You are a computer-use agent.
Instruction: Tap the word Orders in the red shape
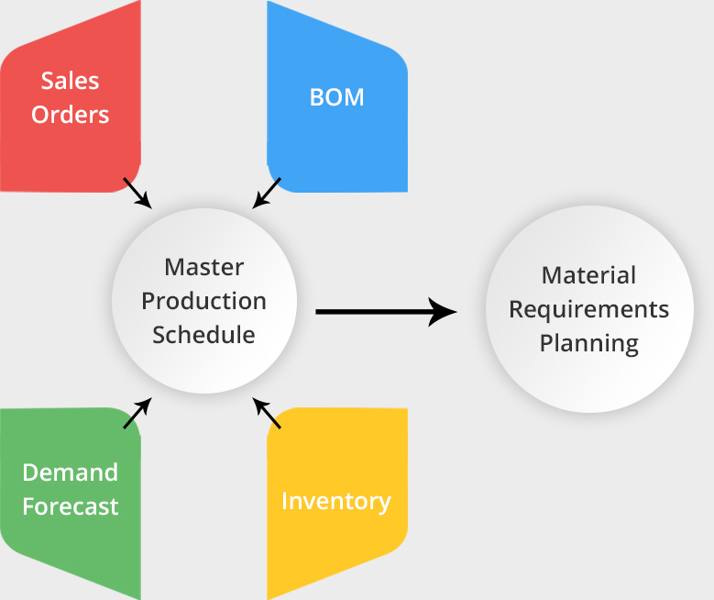point(70,115)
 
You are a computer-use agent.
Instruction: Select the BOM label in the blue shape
point(336,97)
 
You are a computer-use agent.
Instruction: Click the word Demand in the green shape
point(70,472)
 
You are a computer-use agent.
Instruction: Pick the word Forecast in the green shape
point(70,506)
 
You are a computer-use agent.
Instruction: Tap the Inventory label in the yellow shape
point(335,502)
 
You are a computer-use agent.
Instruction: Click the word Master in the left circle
point(203,267)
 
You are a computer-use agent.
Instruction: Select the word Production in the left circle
point(203,301)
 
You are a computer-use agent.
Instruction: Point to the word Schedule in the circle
point(203,335)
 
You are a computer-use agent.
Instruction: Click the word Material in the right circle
point(588,275)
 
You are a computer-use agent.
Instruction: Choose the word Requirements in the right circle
point(588,309)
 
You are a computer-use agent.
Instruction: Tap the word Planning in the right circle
point(588,343)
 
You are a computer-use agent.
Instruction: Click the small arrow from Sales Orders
point(137,193)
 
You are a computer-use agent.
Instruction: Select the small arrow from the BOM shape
point(267,193)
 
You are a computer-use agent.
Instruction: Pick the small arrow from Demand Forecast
point(137,414)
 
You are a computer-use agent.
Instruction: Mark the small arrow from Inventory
point(267,414)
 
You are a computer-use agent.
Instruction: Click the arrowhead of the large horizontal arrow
point(444,312)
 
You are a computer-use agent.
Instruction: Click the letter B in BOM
point(317,97)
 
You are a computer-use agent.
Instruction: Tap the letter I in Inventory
point(285,502)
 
